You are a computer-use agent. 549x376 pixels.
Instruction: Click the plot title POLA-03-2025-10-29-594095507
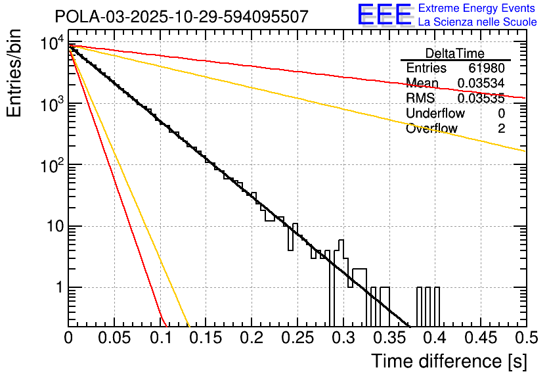[x=181, y=16]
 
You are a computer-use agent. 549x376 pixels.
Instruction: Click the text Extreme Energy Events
[x=477, y=9]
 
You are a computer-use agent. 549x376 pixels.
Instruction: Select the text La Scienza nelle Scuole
[x=477, y=22]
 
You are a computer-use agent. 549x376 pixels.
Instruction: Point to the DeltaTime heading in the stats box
[x=454, y=53]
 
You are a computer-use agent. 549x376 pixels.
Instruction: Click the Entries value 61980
[x=487, y=68]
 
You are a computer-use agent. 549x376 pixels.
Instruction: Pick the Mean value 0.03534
[x=481, y=83]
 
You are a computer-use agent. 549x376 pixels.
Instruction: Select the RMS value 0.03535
[x=481, y=99]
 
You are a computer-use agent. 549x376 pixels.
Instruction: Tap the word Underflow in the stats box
[x=435, y=114]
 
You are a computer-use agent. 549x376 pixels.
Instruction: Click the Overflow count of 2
[x=501, y=129]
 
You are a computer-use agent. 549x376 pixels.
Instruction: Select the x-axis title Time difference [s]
[x=448, y=361]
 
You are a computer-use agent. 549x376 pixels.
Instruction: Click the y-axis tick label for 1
[x=58, y=288]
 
